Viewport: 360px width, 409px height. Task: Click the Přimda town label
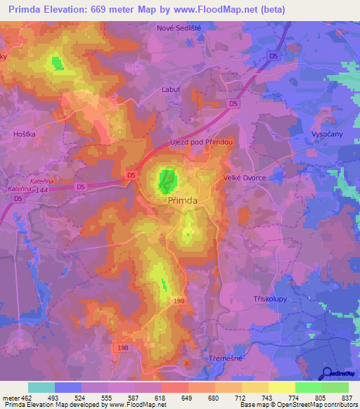click(181, 200)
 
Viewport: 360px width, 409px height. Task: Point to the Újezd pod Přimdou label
click(201, 141)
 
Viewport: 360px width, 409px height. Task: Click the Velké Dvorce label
click(245, 178)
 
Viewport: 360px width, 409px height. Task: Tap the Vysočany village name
click(326, 134)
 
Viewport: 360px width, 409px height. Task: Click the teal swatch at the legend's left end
click(41, 387)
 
